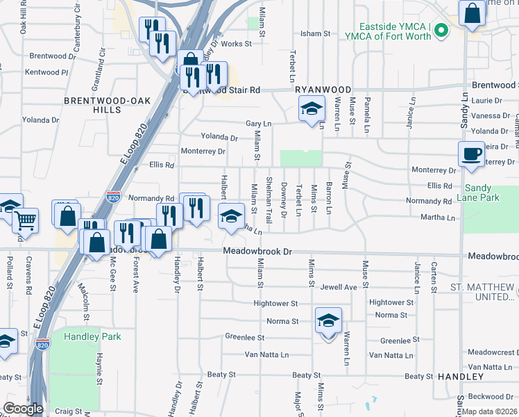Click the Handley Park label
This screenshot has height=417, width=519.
pyautogui.click(x=92, y=337)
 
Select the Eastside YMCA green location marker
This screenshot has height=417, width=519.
pyautogui.click(x=444, y=31)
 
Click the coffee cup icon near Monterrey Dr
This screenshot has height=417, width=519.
pyautogui.click(x=472, y=154)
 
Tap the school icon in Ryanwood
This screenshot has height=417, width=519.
pyautogui.click(x=312, y=108)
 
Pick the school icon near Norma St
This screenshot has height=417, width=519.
pyautogui.click(x=328, y=320)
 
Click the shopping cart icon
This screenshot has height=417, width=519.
pyautogui.click(x=26, y=220)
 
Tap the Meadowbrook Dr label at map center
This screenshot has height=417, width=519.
pyautogui.click(x=255, y=251)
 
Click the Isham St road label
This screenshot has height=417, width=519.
pyautogui.click(x=314, y=33)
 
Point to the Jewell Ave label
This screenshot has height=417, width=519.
pyautogui.click(x=339, y=287)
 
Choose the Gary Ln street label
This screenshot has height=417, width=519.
pyautogui.click(x=258, y=124)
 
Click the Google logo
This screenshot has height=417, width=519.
pyautogui.click(x=23, y=408)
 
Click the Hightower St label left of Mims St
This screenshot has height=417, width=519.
pyautogui.click(x=275, y=304)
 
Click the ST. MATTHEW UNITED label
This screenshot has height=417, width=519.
pyautogui.click(x=484, y=292)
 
